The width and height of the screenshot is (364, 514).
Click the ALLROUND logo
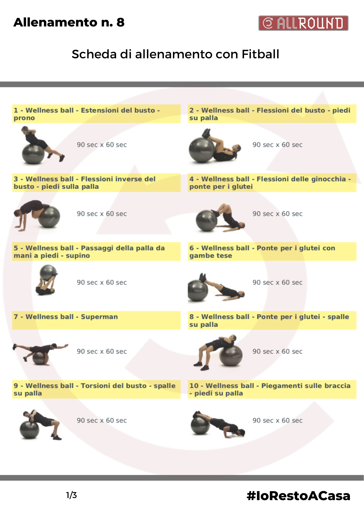(x=303, y=23)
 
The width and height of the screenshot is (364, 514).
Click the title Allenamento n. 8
(x=69, y=22)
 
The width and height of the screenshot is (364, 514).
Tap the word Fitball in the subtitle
(x=260, y=54)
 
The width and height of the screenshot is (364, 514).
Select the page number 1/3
(x=72, y=495)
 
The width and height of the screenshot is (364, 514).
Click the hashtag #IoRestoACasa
(x=298, y=496)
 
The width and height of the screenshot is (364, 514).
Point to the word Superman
(x=99, y=317)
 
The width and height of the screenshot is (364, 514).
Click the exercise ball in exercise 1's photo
(x=33, y=154)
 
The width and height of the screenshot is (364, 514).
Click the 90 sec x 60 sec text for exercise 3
(x=102, y=214)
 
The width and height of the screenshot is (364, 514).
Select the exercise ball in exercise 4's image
(x=207, y=221)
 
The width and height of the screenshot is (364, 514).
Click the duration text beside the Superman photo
(x=102, y=351)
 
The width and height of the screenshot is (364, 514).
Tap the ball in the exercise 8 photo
(x=231, y=356)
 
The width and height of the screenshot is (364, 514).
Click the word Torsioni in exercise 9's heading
(x=96, y=385)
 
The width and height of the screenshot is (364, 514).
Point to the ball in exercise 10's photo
(x=200, y=425)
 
